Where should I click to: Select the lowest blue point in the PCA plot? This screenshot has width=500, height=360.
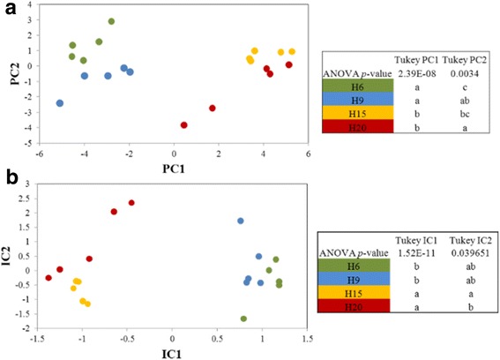(60, 103)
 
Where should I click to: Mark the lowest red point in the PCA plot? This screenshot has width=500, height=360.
(183, 125)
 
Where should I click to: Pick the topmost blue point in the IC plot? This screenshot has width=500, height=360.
(240, 221)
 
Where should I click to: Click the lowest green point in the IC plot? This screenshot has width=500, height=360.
(243, 319)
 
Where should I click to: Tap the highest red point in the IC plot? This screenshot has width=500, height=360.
(131, 203)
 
